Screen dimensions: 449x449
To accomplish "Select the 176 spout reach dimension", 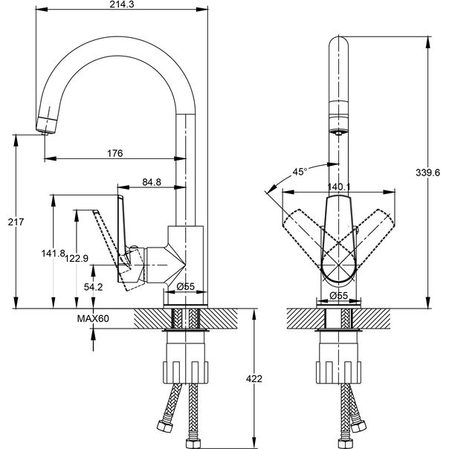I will click(x=114, y=153).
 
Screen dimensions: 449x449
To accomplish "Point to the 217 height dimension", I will click(x=8, y=222).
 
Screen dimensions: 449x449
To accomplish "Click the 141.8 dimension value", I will click(x=51, y=254).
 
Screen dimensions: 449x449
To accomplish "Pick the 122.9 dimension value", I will click(x=77, y=258).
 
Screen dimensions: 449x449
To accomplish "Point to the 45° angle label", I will click(x=299, y=172).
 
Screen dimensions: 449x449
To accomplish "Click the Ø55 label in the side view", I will click(x=185, y=286).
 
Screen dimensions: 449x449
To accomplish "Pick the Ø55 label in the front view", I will click(x=339, y=296).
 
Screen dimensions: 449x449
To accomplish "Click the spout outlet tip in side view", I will click(x=44, y=128).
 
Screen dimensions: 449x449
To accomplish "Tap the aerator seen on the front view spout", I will click(x=337, y=132).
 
